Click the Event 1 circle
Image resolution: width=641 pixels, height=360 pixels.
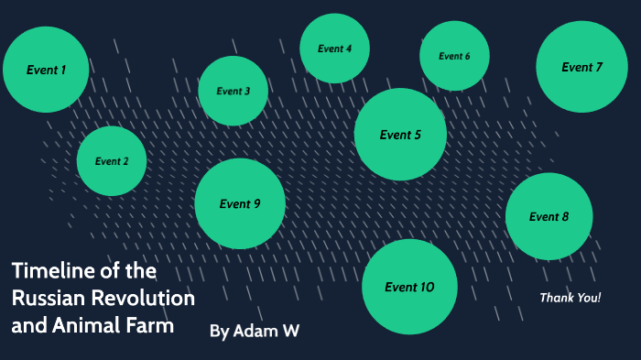(46, 69)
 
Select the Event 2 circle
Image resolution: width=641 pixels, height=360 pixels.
(112, 161)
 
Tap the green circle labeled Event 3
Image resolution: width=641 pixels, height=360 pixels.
(233, 91)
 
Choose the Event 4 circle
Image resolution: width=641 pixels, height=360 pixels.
(334, 49)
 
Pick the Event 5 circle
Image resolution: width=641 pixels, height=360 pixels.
(400, 135)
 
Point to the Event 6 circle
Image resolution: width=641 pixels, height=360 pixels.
(454, 56)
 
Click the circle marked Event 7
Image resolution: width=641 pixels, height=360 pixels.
(581, 67)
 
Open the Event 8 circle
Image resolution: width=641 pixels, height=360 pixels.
(549, 216)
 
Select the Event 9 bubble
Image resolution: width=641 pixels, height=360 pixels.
(240, 203)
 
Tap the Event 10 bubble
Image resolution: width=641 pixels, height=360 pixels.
(409, 287)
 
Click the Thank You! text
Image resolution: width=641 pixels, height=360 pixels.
(570, 298)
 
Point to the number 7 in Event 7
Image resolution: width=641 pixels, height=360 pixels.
(599, 67)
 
